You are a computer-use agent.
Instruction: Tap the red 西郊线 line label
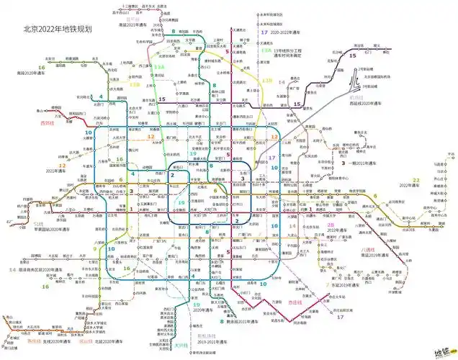(x=48, y=122)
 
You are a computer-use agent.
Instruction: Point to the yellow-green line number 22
(x=416, y=180)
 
